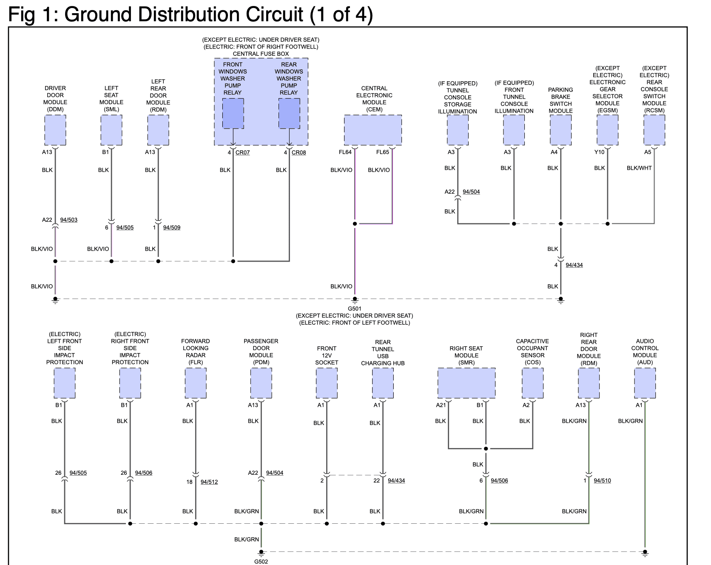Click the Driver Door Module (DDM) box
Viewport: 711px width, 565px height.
point(55,130)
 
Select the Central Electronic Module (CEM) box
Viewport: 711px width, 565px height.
point(373,130)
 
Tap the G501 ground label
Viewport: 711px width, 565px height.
point(355,308)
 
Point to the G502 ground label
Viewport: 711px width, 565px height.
point(261,562)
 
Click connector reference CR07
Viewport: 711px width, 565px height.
point(242,152)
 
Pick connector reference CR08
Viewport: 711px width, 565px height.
point(299,152)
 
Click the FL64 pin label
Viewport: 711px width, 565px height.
point(345,152)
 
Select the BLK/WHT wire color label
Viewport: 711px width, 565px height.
point(639,168)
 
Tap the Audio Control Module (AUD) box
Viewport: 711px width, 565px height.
point(645,383)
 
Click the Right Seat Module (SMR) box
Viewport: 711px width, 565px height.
point(466,383)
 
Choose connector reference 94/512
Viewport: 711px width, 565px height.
point(209,482)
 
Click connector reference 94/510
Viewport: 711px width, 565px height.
point(602,481)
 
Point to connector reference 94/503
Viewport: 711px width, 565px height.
point(69,220)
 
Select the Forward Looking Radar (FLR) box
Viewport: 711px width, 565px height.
point(196,383)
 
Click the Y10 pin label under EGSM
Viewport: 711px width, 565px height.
point(599,152)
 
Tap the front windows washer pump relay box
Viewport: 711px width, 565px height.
point(233,114)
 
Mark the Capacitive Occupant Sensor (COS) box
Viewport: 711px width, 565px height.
point(533,383)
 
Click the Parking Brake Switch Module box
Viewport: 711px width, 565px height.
point(561,130)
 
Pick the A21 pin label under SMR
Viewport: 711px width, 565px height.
point(441,405)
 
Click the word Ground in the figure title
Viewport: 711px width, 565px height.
point(97,14)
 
